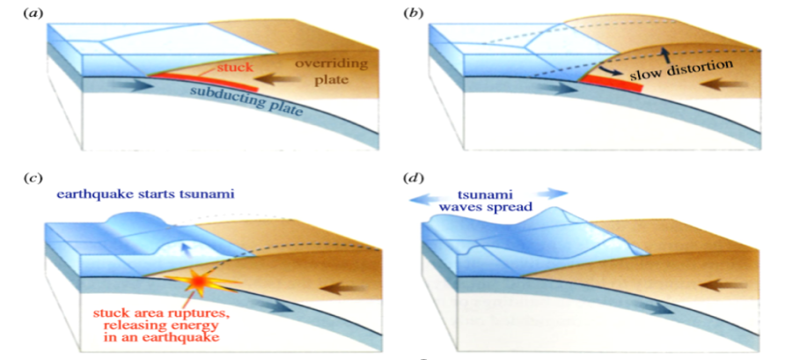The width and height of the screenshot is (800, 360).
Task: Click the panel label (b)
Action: (411, 12)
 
